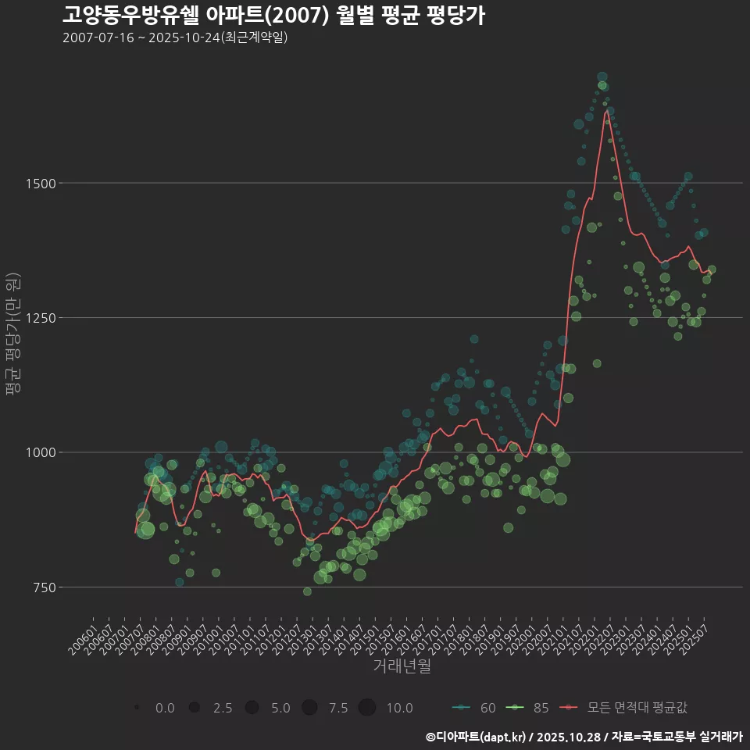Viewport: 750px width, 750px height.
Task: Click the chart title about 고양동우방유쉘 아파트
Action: tap(273, 16)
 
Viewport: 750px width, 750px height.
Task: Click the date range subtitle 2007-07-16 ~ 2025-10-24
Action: tap(175, 37)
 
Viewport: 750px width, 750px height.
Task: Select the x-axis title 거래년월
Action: tap(402, 666)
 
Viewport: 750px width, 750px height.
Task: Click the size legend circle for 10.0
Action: tap(367, 708)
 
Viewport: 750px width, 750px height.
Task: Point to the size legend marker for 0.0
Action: tap(137, 708)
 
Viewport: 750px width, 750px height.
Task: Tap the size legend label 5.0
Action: tap(280, 708)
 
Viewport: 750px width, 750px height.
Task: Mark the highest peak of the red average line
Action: tap(607, 111)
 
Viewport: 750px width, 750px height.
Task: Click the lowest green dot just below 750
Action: tap(307, 591)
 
